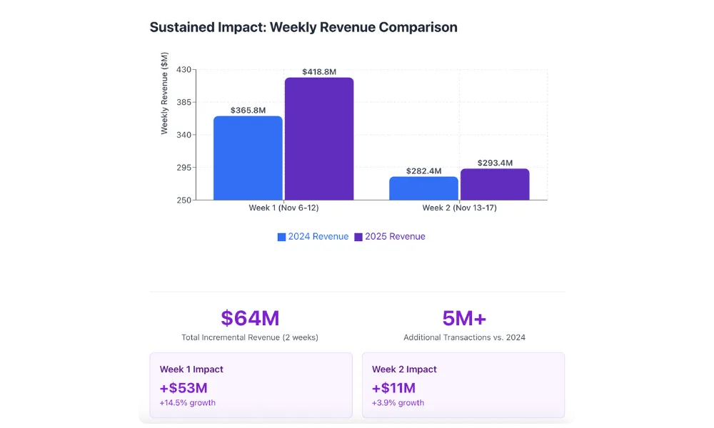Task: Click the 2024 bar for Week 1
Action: click(248, 158)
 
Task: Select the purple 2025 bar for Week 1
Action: click(319, 138)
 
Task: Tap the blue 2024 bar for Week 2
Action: click(423, 188)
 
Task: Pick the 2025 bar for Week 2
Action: click(495, 184)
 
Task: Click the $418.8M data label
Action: click(319, 71)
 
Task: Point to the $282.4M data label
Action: click(423, 171)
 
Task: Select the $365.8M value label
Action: click(248, 111)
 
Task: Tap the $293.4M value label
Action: click(495, 163)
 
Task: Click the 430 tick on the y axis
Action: click(183, 70)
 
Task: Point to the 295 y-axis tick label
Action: click(183, 168)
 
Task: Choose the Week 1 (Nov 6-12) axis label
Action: click(283, 208)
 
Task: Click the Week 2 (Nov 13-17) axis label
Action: click(459, 208)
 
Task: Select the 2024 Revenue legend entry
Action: click(313, 237)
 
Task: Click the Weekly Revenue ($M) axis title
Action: click(164, 93)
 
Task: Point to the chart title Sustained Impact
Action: click(303, 27)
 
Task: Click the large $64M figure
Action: click(250, 318)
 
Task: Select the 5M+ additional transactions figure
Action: click(464, 318)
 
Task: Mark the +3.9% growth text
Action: click(398, 403)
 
